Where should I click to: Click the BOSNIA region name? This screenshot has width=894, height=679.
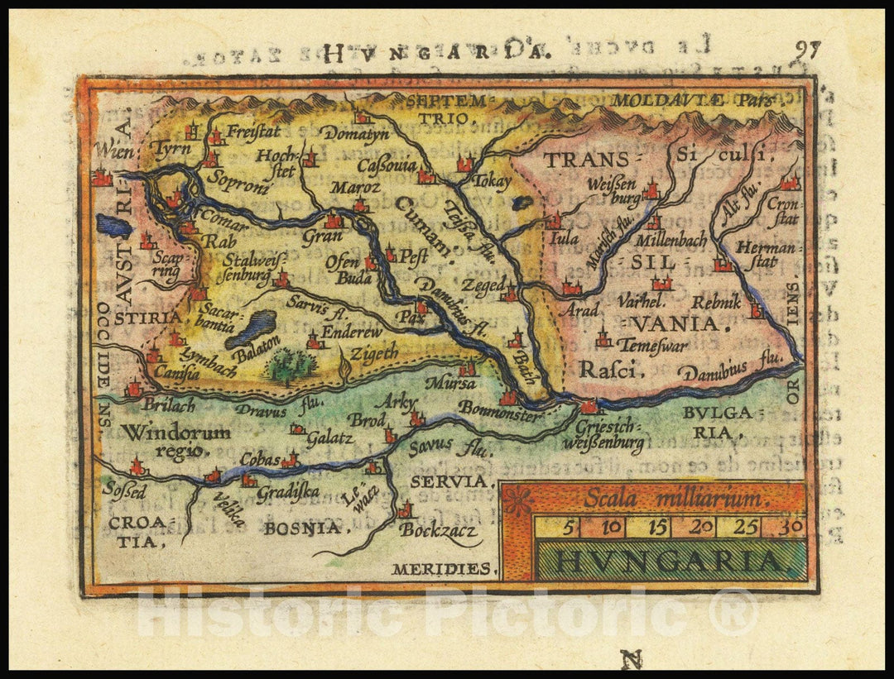pos(304,528)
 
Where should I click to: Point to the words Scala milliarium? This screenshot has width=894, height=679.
pos(675,499)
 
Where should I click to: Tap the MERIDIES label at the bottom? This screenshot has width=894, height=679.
pos(442,569)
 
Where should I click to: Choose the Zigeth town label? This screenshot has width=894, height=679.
pos(373,351)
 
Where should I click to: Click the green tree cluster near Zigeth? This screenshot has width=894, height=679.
pos(290,366)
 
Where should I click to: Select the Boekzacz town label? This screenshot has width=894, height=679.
pos(438,530)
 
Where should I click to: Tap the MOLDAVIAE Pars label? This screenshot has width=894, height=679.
pos(694,100)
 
